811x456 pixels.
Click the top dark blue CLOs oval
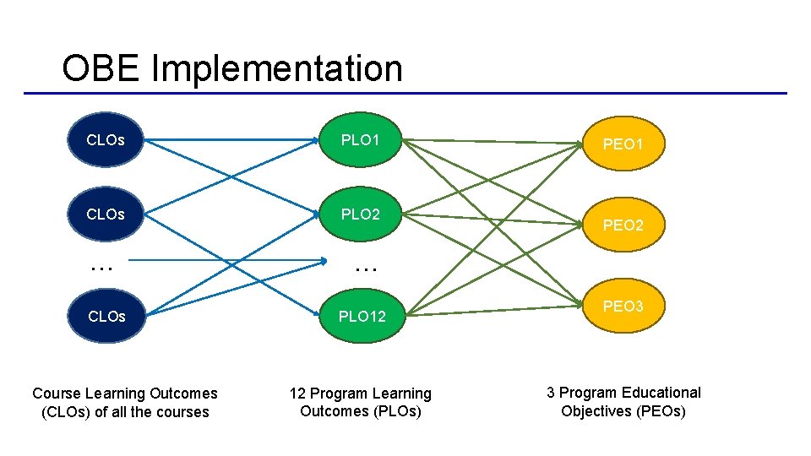point(106,139)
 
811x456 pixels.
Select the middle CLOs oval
point(106,214)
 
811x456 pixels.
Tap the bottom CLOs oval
point(106,316)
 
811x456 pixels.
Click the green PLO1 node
point(360,139)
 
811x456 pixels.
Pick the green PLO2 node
point(360,214)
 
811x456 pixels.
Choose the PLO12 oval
point(362,316)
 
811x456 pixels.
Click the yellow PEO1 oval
point(623,144)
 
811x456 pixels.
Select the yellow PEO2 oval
point(623,225)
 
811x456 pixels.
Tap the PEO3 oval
point(623,306)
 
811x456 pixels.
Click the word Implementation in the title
point(277,69)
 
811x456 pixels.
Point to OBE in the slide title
point(101,68)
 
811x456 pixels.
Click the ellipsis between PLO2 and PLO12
point(366,269)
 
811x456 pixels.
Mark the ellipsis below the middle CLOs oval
point(101,269)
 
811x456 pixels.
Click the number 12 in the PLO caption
point(297,394)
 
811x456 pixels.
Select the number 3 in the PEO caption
point(550,393)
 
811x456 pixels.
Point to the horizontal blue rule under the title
point(405,94)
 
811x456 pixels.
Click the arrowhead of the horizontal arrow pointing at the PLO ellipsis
point(324,261)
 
